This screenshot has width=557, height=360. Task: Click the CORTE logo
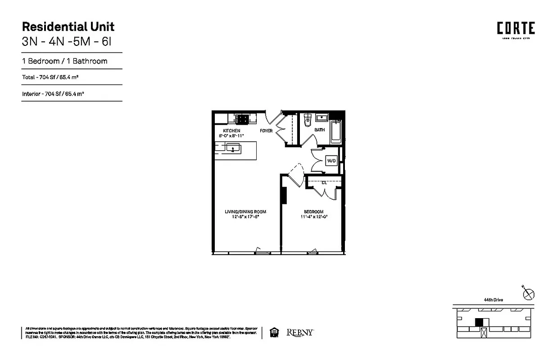(516, 29)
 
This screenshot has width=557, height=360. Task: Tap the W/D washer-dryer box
(331, 161)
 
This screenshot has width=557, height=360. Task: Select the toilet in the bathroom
(308, 120)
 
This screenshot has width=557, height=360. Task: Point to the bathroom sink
(322, 118)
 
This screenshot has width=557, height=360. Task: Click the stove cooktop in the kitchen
(242, 119)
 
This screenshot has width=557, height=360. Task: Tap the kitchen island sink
(233, 147)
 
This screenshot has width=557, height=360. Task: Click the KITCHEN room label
(228, 130)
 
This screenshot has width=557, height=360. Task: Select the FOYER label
(266, 130)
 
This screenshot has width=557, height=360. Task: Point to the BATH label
(319, 130)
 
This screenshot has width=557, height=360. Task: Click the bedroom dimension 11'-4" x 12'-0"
(313, 216)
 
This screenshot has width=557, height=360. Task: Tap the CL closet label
(324, 183)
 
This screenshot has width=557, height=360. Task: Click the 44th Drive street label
(494, 300)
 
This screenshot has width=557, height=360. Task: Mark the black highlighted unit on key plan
(480, 322)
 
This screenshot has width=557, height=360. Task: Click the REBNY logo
(300, 333)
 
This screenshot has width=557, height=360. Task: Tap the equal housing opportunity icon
(273, 333)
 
